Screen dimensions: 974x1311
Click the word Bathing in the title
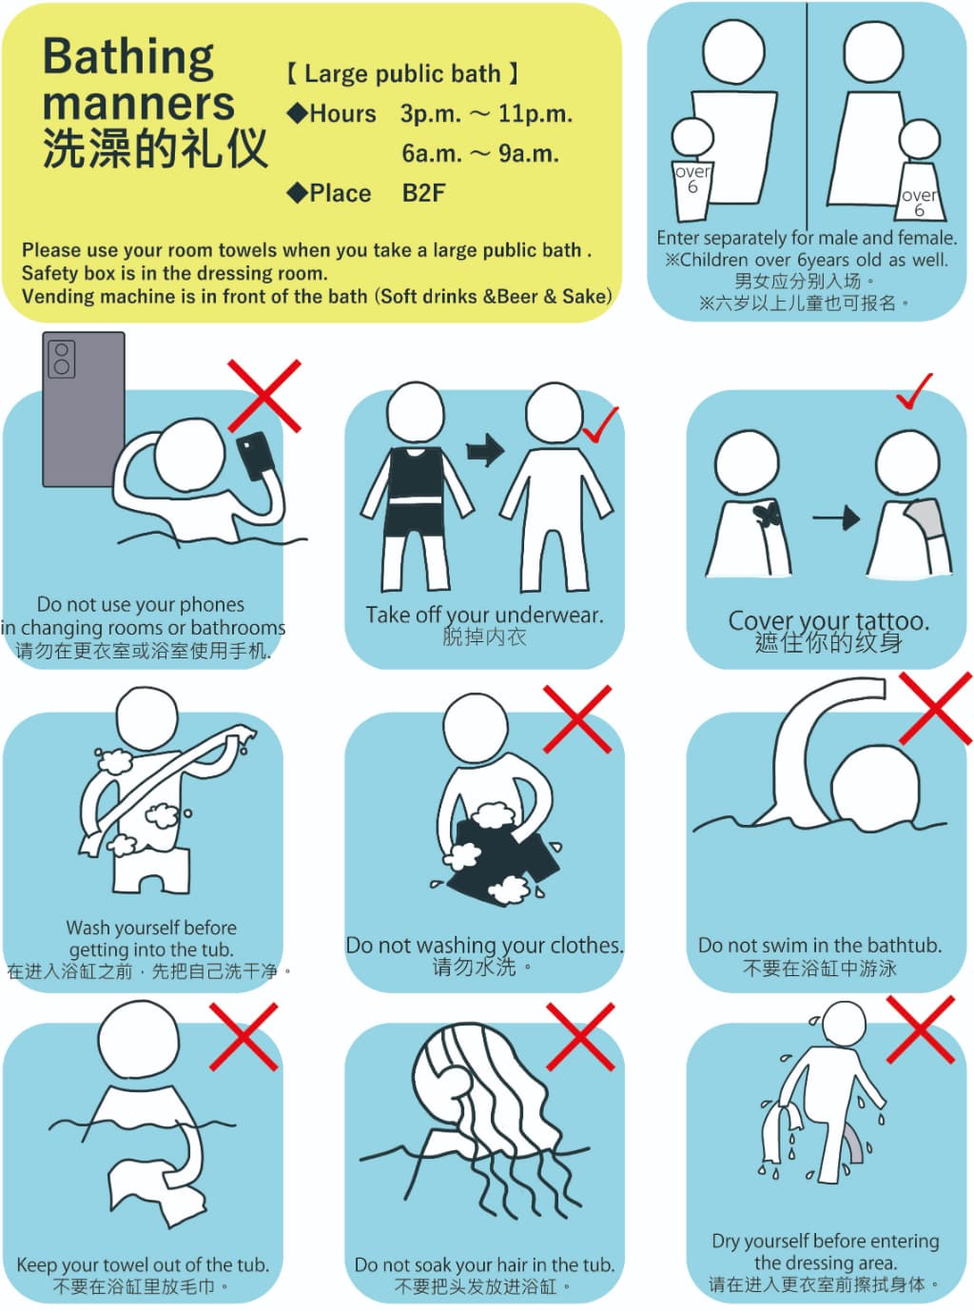pos(128,58)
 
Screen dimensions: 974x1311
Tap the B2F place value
pos(424,193)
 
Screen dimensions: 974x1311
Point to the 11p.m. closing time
pos(536,113)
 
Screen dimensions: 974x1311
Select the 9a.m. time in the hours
pos(528,154)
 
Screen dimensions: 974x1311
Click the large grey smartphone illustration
pos(84,409)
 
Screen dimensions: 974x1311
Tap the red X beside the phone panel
pos(264,396)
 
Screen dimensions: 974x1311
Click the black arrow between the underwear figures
pos(485,450)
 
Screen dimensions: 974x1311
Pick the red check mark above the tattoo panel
pos(914,391)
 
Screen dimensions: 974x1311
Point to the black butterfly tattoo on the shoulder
pos(768,516)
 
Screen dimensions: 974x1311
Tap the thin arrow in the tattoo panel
pos(836,519)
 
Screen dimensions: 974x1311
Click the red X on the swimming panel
pos(935,708)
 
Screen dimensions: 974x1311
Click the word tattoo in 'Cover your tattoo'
pos(892,620)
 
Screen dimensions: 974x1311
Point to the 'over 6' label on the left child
pos(692,179)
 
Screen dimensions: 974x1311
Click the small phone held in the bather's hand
pos(255,455)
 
